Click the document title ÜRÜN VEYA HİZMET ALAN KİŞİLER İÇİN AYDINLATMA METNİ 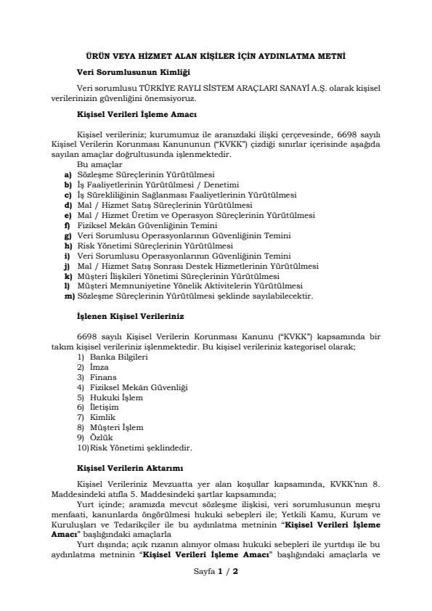[x=216, y=56]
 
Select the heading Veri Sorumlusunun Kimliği [x=133, y=71]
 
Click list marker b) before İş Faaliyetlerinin [x=68, y=185]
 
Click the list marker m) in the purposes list [x=70, y=296]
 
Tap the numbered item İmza [x=99, y=367]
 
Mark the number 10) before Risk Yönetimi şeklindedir [x=82, y=448]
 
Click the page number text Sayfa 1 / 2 [x=216, y=593]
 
